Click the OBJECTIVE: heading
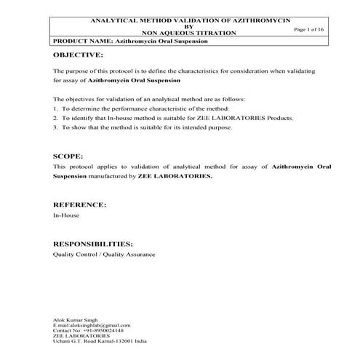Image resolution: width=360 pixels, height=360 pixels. (x=78, y=55)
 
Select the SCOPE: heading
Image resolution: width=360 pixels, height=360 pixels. (x=68, y=156)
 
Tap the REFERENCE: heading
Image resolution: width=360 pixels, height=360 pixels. (x=80, y=205)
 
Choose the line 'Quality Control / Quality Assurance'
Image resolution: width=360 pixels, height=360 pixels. (x=104, y=255)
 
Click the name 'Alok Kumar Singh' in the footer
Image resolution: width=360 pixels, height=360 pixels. (x=73, y=319)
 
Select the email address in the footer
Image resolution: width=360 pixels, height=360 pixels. (x=92, y=325)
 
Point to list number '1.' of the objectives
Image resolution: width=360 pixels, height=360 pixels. (x=56, y=108)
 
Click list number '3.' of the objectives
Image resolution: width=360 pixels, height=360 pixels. (x=56, y=127)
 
